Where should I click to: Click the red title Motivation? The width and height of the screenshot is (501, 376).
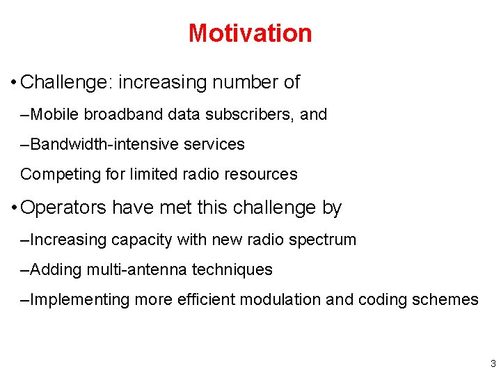[x=250, y=33]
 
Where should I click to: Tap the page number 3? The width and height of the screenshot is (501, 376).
[x=493, y=363]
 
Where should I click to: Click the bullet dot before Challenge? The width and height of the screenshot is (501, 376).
[x=14, y=83]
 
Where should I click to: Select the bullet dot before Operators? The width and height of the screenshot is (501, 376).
[x=14, y=208]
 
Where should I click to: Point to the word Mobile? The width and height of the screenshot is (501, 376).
[x=56, y=114]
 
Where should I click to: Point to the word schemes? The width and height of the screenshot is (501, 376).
[x=446, y=300]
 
